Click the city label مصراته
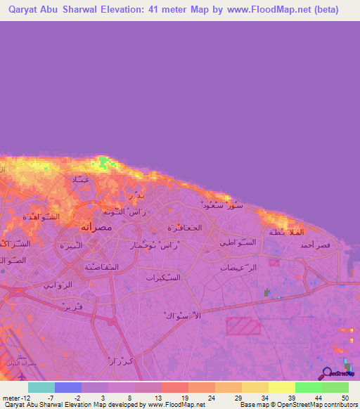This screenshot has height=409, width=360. tap(96, 227)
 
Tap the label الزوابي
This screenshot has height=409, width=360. tap(58, 285)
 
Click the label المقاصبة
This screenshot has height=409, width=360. tap(101, 266)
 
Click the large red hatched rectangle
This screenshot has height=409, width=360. tap(243, 326)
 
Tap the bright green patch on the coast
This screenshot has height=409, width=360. tap(107, 163)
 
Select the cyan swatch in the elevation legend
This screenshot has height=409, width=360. tap(41, 387)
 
